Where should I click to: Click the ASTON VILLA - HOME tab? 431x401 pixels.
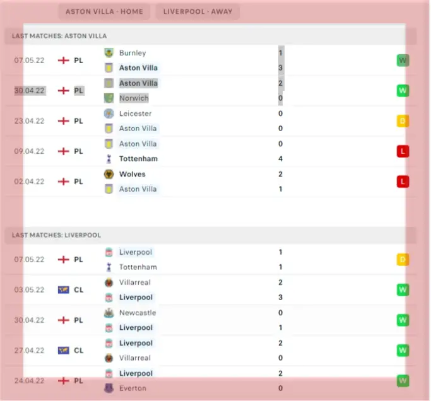pyautogui.click(x=103, y=11)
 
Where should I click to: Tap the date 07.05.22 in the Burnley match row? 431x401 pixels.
pyautogui.click(x=30, y=61)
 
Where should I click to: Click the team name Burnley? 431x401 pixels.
pyautogui.click(x=133, y=53)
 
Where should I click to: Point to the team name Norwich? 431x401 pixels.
pyautogui.click(x=134, y=98)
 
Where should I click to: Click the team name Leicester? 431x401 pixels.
pyautogui.click(x=136, y=113)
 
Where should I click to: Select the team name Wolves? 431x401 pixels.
pyautogui.click(x=133, y=174)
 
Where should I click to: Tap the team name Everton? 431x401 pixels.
pyautogui.click(x=132, y=388)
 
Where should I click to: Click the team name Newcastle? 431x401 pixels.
pyautogui.click(x=138, y=313)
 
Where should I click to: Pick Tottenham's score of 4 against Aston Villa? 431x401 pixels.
pyautogui.click(x=280, y=159)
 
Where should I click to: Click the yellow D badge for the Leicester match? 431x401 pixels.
pyautogui.click(x=403, y=121)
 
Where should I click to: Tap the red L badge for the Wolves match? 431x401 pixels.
pyautogui.click(x=403, y=182)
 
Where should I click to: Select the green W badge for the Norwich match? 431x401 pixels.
pyautogui.click(x=403, y=91)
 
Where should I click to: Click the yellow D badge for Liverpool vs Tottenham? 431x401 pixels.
pyautogui.click(x=403, y=259)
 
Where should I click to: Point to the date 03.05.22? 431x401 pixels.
pyautogui.click(x=30, y=290)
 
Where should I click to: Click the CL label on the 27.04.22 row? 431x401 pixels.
pyautogui.click(x=78, y=351)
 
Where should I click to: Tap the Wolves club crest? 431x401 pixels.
pyautogui.click(x=109, y=174)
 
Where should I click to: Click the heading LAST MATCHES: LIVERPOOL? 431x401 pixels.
pyautogui.click(x=56, y=235)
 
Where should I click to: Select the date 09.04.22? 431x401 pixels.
pyautogui.click(x=30, y=151)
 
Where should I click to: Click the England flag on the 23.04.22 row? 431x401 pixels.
pyautogui.click(x=63, y=121)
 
